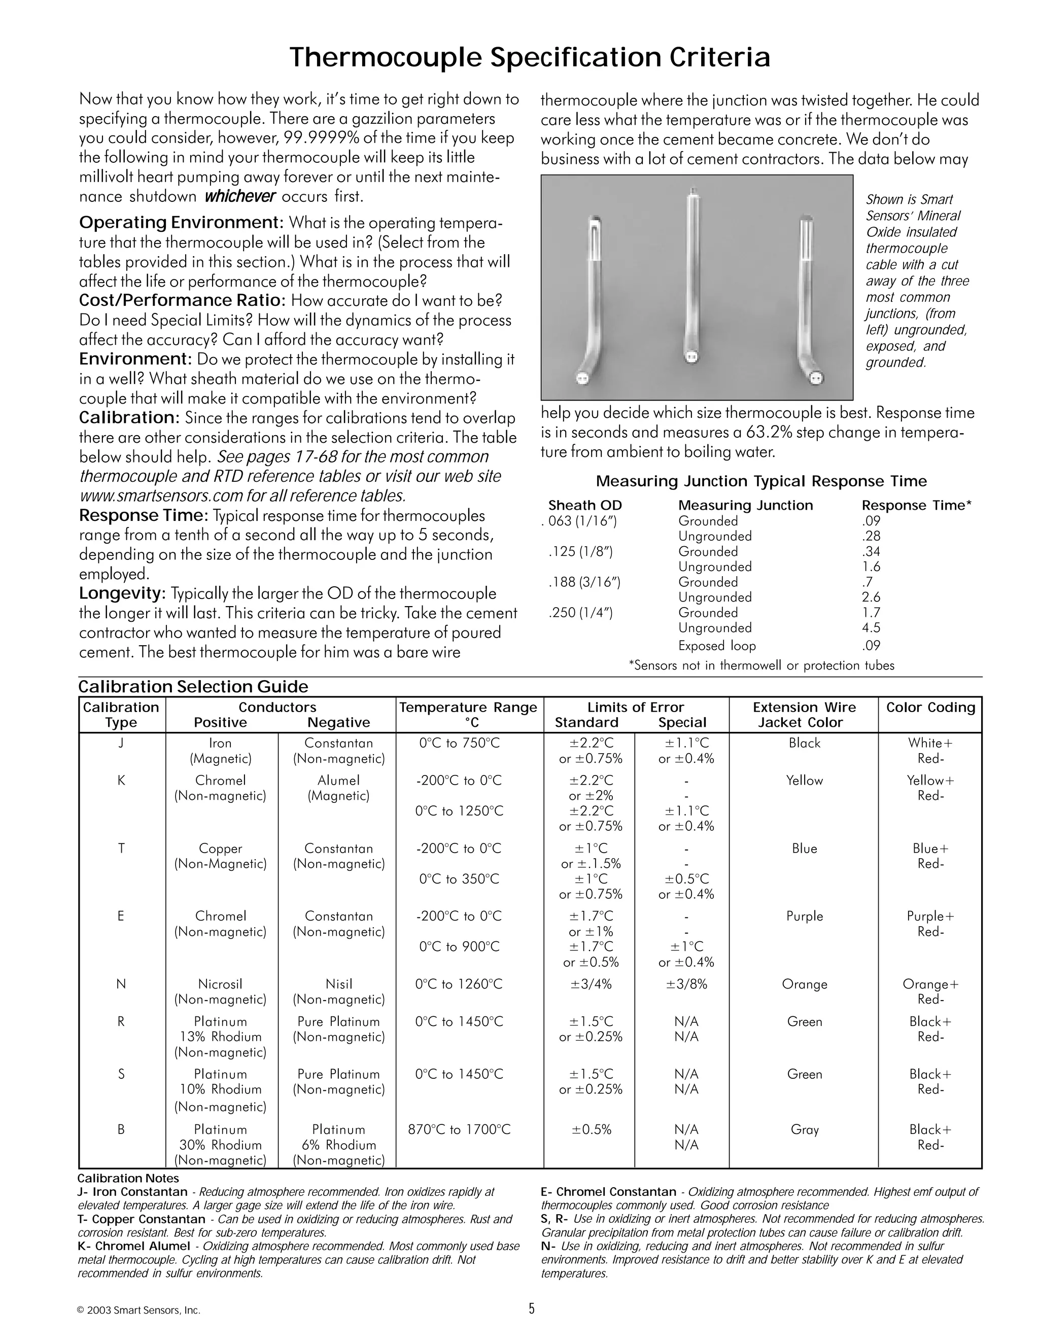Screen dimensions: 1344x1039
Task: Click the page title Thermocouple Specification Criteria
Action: pyautogui.click(x=529, y=57)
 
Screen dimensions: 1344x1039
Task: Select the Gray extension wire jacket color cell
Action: pyautogui.click(x=805, y=1129)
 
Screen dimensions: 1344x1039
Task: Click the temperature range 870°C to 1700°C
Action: pyautogui.click(x=459, y=1129)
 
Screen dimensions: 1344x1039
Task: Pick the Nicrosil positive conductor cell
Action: pyautogui.click(x=220, y=984)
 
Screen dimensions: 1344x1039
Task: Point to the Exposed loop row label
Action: pyautogui.click(x=716, y=646)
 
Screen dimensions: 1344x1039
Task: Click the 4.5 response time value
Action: pyautogui.click(x=871, y=628)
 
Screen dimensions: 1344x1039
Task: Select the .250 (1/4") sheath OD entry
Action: pyautogui.click(x=580, y=612)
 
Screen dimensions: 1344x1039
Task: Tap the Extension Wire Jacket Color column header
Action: pyautogui.click(x=804, y=715)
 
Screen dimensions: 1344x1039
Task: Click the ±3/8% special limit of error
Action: pyautogui.click(x=686, y=984)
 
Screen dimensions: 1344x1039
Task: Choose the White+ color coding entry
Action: pyautogui.click(x=930, y=743)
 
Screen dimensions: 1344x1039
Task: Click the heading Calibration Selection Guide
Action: pyautogui.click(x=193, y=687)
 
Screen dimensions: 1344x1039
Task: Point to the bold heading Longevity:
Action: pyautogui.click(x=122, y=593)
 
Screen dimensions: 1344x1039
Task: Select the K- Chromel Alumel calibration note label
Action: pyautogui.click(x=133, y=1246)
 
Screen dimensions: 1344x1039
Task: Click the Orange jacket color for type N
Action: pyautogui.click(x=805, y=984)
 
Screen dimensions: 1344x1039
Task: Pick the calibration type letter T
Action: pyautogui.click(x=121, y=848)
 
